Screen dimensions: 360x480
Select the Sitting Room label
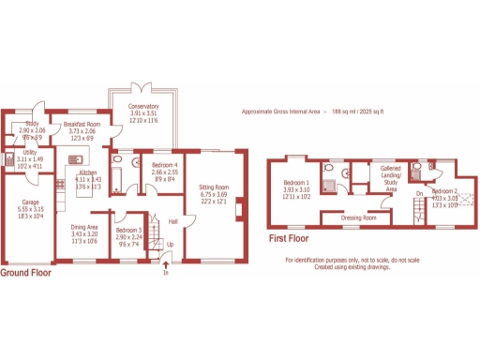click(x=214, y=187)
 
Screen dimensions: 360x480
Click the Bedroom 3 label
click(x=127, y=230)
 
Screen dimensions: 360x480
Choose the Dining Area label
click(x=85, y=227)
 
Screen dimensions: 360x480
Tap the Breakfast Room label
click(x=83, y=124)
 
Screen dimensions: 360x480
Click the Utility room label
click(x=30, y=152)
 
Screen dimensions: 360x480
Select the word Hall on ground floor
click(x=172, y=221)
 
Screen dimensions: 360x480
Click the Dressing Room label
click(x=358, y=217)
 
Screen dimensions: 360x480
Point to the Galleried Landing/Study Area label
click(x=391, y=175)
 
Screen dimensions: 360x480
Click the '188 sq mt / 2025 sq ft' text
click(x=359, y=112)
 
